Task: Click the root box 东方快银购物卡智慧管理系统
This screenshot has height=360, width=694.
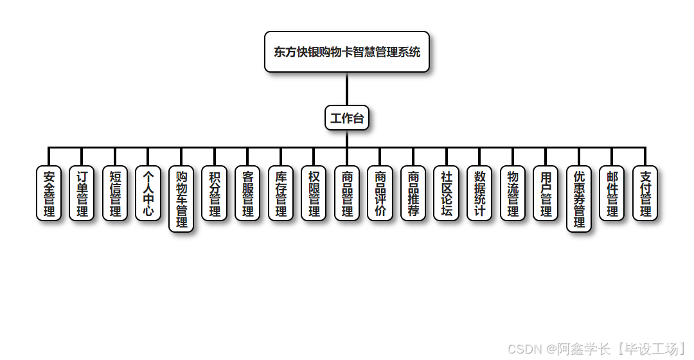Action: point(347,52)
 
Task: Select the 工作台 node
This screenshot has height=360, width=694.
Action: point(347,118)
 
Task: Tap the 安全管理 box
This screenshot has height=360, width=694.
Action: point(49,194)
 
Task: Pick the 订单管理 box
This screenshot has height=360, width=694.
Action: point(82,194)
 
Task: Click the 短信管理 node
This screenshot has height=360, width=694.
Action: point(115,194)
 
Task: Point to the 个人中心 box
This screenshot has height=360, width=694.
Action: point(148,194)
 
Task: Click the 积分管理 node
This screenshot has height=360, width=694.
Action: point(215,194)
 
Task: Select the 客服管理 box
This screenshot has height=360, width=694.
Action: point(247,194)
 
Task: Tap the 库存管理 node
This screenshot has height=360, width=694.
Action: point(281,194)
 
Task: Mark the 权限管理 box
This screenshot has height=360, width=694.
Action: point(314,194)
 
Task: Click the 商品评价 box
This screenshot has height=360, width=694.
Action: point(380,194)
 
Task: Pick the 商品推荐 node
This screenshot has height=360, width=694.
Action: point(413,194)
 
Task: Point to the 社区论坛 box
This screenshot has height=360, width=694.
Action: point(447,194)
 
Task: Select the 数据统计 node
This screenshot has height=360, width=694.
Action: point(479,194)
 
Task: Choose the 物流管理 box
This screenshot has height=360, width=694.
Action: point(513,194)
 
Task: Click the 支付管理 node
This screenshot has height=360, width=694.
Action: point(645,194)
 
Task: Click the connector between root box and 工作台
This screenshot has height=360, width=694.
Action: point(347,89)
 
